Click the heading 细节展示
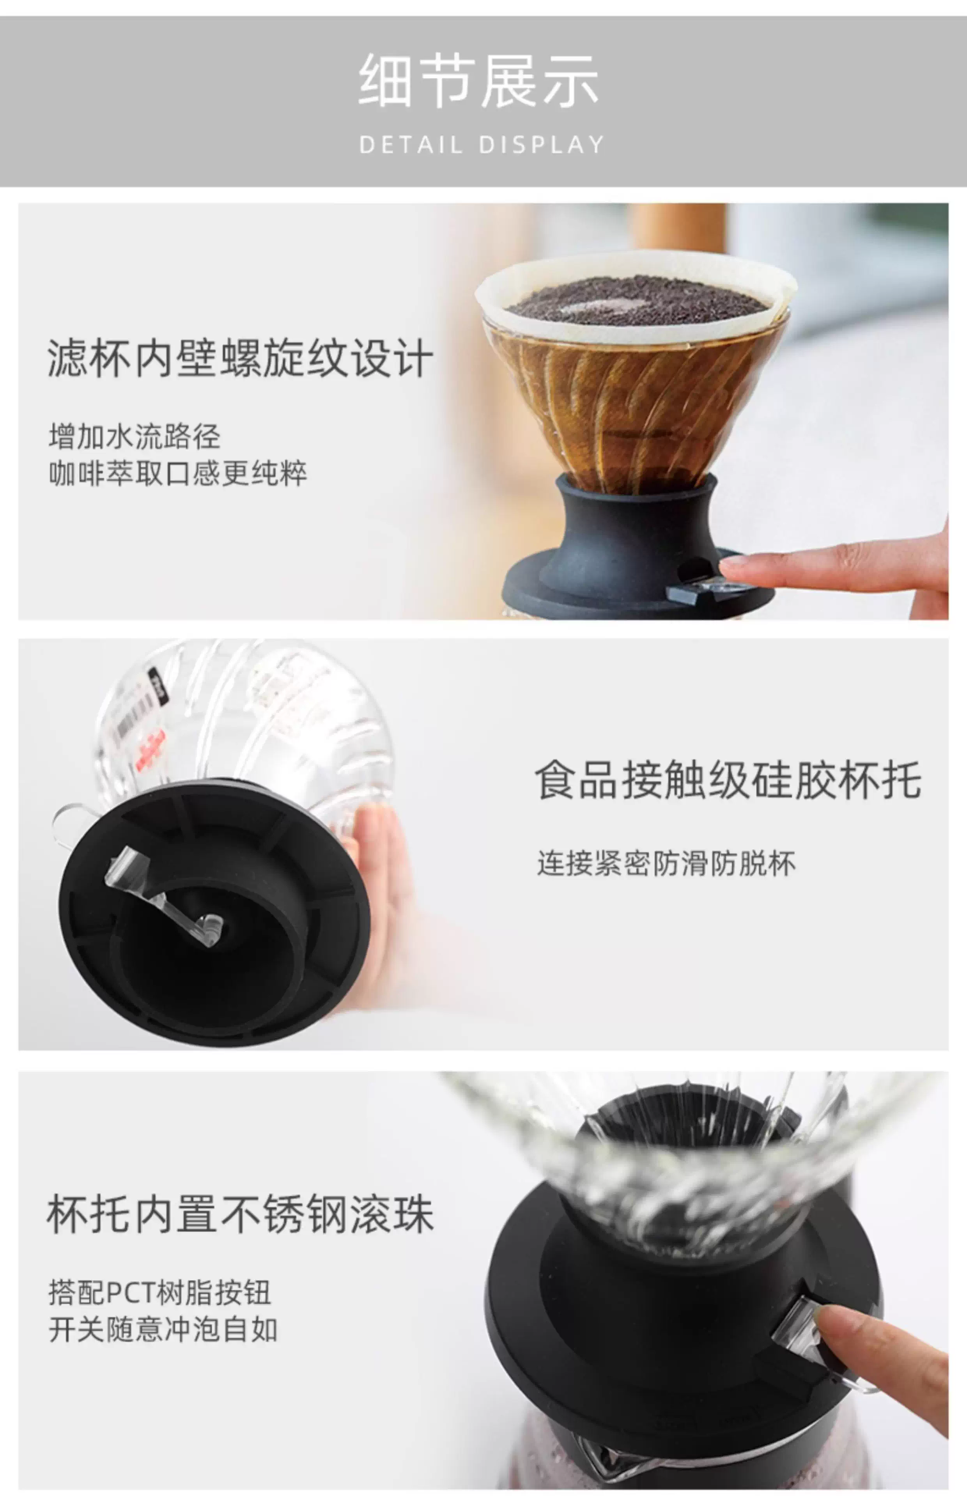pos(478,80)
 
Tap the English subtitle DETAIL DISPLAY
pos(481,145)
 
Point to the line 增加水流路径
pos(135,436)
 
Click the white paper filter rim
pos(636,295)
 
